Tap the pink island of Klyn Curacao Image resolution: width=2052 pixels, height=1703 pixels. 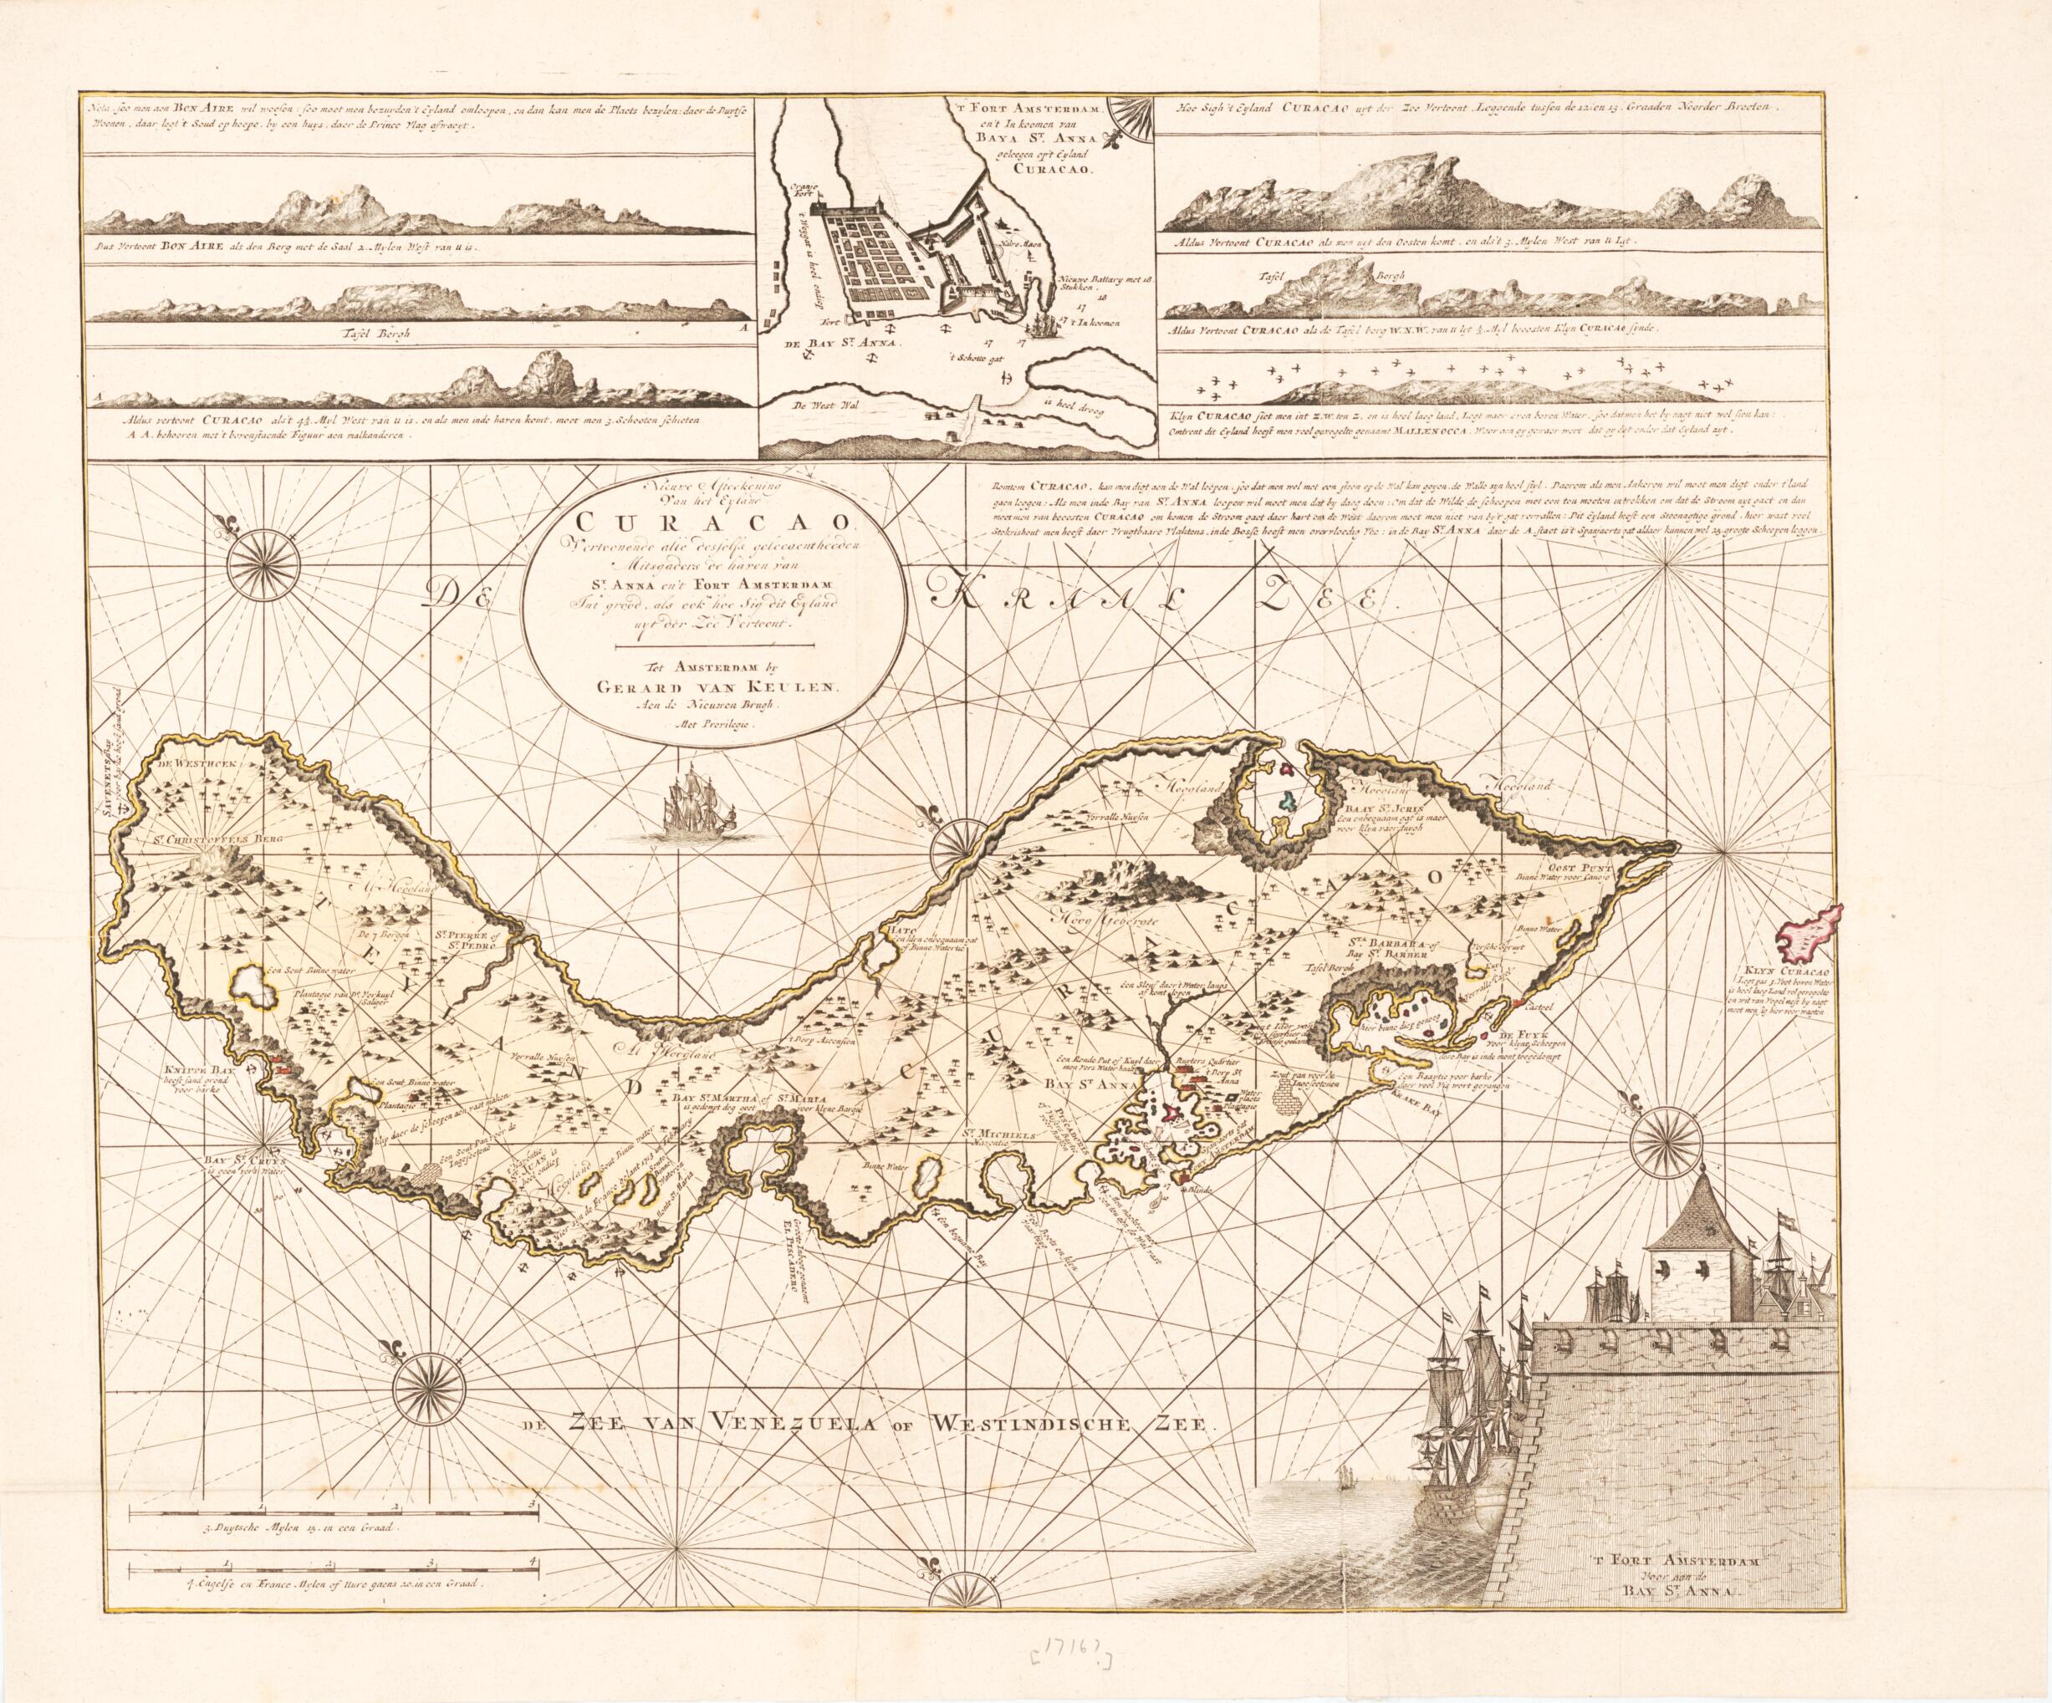pos(1810,936)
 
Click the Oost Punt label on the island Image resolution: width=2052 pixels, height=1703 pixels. pos(1575,864)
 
